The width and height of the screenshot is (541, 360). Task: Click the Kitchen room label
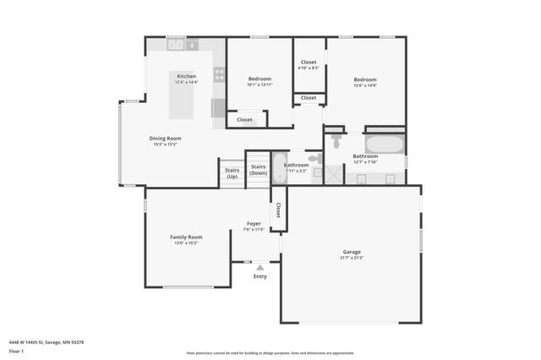pos(187,76)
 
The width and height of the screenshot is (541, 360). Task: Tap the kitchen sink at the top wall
pos(176,43)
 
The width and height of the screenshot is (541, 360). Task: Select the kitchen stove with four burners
pos(219,74)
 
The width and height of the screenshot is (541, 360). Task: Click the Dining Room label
pos(165,138)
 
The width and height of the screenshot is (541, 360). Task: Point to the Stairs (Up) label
pos(232,173)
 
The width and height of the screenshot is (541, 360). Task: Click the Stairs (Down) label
pos(259,170)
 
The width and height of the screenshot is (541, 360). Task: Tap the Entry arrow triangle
pos(260,268)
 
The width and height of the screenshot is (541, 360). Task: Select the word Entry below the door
pos(260,276)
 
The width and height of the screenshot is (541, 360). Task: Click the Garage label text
pos(352,252)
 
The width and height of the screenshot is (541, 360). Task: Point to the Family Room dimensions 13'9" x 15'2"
pos(188,243)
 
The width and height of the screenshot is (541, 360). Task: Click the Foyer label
pos(254,223)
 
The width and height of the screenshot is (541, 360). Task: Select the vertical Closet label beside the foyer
pos(277,210)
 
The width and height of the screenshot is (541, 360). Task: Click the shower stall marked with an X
pos(335,174)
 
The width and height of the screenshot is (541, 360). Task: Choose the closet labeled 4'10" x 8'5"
pos(309,65)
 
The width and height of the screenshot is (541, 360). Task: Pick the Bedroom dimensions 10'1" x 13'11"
pos(259,85)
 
